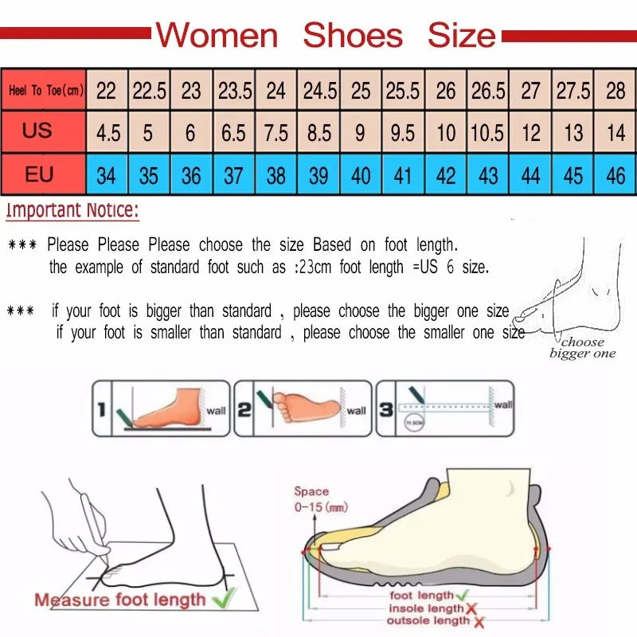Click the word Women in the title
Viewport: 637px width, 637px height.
(217, 36)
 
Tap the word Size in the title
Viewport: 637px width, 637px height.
(462, 36)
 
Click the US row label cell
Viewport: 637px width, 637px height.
(37, 131)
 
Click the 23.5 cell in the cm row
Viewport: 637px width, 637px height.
(235, 91)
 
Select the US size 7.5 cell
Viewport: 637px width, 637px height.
(276, 132)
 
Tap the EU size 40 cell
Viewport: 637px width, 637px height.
(361, 175)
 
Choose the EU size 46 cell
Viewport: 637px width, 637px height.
(616, 175)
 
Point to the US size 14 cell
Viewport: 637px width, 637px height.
(616, 132)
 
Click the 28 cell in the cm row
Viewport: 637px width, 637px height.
(616, 91)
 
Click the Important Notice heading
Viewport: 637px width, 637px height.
(72, 212)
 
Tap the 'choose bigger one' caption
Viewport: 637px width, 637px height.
(583, 348)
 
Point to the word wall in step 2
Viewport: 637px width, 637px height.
(356, 411)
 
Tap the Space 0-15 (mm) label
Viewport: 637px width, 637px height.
(320, 499)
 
